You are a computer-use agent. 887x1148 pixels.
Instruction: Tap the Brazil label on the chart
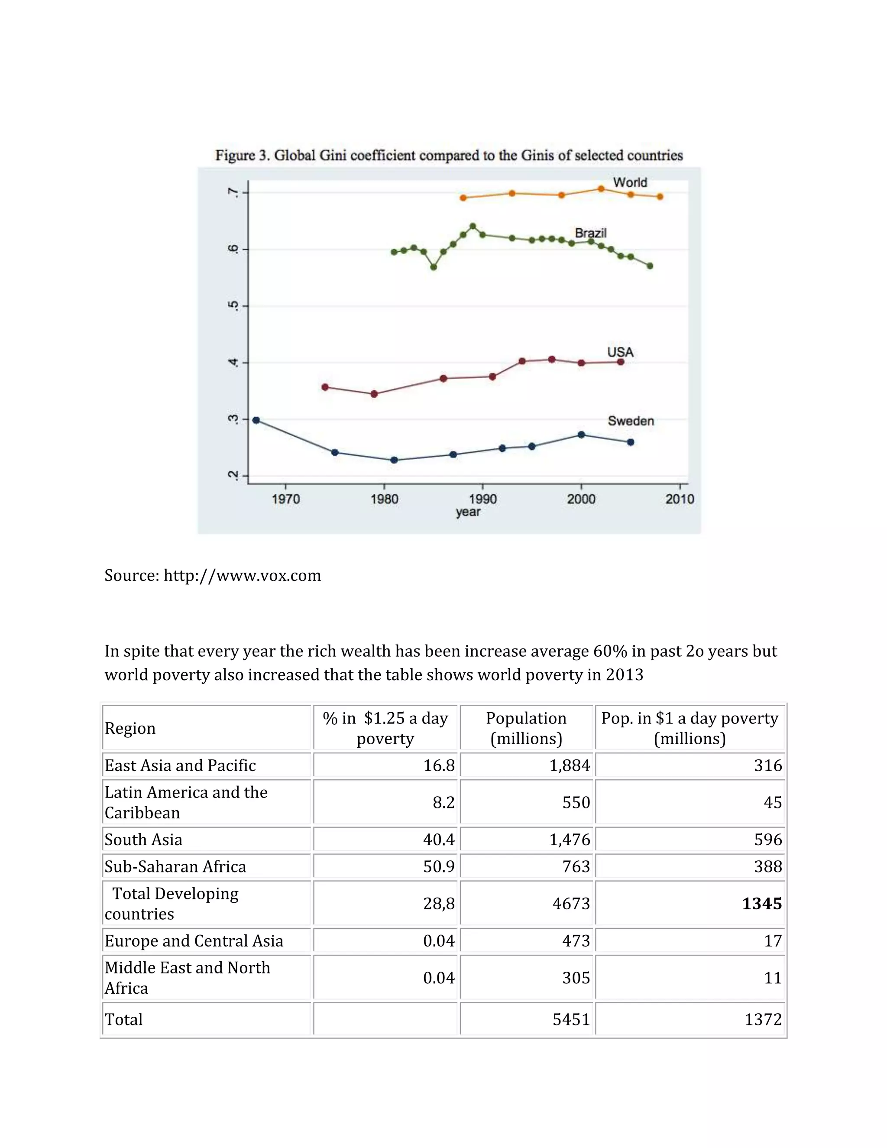[590, 233]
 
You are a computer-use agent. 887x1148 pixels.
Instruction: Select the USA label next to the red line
[620, 352]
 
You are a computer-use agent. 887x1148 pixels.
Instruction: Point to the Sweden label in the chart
[631, 421]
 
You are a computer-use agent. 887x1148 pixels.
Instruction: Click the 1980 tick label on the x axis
[384, 499]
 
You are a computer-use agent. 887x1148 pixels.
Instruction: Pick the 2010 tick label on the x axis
[680, 499]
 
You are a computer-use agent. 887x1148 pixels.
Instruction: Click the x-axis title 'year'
[468, 512]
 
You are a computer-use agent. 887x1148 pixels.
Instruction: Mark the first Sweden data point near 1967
[256, 420]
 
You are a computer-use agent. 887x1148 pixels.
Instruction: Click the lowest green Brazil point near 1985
[434, 267]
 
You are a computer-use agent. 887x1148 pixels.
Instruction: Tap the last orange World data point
[660, 197]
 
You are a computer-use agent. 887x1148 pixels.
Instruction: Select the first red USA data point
[325, 387]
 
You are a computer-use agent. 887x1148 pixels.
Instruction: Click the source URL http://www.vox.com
[242, 576]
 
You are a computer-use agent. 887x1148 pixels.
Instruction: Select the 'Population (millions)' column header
[526, 728]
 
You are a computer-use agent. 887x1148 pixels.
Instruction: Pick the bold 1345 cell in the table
[761, 904]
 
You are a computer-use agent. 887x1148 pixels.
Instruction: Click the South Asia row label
[143, 840]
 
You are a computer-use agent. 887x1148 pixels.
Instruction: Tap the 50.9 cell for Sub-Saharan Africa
[439, 866]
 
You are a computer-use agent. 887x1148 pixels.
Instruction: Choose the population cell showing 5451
[571, 1019]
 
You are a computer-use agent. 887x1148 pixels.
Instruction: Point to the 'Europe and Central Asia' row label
[193, 940]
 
